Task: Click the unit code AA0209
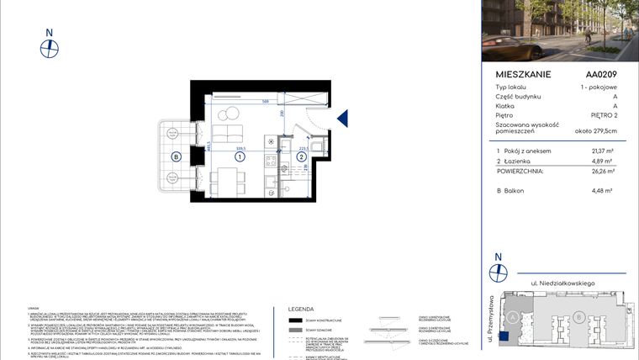tap(601, 74)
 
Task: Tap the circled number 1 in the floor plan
tap(240, 156)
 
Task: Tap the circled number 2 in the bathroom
tap(300, 156)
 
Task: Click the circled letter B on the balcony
tap(176, 156)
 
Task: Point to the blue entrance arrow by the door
tap(342, 119)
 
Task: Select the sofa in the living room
tap(225, 135)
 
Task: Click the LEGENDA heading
tap(300, 309)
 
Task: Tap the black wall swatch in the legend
tap(296, 320)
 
